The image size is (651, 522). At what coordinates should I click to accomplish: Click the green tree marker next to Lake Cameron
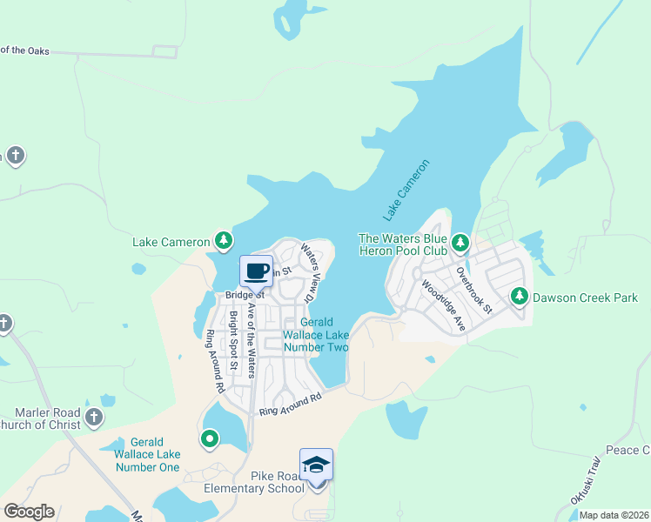point(224,241)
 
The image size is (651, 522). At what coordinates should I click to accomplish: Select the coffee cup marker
point(257,271)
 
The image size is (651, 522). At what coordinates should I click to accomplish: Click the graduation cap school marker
point(316,465)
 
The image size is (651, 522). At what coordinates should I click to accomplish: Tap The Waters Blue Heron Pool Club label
point(403,244)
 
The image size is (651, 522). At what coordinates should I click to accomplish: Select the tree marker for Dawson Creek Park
point(520,297)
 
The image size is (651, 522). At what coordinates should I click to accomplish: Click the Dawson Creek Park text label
point(586,298)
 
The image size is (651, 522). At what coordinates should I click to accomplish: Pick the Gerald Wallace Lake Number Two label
point(318,335)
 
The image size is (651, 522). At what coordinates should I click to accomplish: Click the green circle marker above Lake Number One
point(209,438)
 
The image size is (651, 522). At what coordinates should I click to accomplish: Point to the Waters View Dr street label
point(311,272)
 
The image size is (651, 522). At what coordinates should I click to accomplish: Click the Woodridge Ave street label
point(442,305)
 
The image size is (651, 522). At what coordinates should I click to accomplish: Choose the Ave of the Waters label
point(252,340)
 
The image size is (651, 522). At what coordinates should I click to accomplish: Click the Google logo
point(29,512)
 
